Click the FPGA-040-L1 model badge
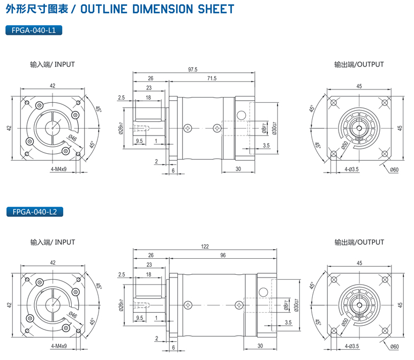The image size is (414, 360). [34, 30]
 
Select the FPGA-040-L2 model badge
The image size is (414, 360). [34, 212]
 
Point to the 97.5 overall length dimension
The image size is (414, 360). [193, 70]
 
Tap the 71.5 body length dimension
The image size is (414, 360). [211, 79]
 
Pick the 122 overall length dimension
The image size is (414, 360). [205, 246]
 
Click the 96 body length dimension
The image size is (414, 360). [222, 256]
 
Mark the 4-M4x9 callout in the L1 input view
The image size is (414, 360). [58, 169]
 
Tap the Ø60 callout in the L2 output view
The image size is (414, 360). [394, 347]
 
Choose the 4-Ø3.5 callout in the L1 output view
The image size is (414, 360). [351, 169]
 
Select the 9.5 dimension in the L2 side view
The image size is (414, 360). [140, 318]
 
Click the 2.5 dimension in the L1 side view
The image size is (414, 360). [121, 97]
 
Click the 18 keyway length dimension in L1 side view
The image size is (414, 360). [148, 97]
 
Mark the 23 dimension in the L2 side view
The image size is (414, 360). [149, 265]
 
